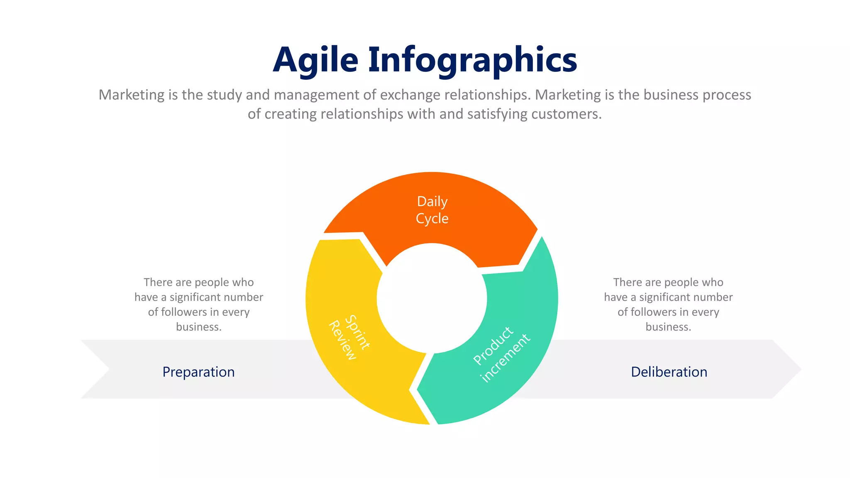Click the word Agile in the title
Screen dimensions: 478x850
pos(315,60)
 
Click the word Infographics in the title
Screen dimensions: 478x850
pos(472,60)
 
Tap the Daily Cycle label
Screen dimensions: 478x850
pos(432,210)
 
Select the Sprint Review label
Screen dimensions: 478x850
pos(349,337)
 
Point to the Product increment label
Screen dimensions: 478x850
pos(501,354)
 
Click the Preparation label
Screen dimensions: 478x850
pos(198,372)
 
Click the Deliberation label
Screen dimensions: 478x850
pos(669,372)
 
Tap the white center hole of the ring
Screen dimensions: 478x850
pos(432,298)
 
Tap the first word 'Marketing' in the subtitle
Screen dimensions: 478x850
pos(132,95)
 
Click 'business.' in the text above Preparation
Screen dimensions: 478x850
pos(198,327)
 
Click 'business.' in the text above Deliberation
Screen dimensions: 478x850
pos(668,327)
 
